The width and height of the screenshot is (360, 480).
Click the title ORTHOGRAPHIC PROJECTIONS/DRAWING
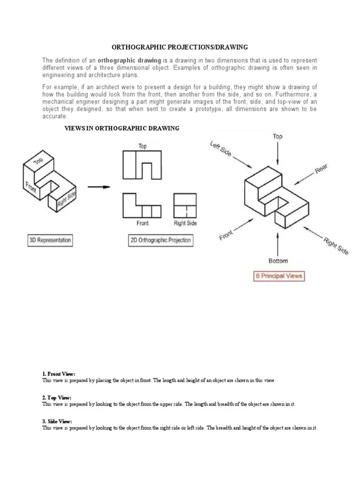pos(179,47)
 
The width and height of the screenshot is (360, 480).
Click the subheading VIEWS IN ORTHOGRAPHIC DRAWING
pos(121,128)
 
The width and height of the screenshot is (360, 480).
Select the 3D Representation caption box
pos(50,240)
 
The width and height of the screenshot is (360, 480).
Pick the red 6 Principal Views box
pos(278,276)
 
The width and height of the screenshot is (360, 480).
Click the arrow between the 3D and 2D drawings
pos(99,187)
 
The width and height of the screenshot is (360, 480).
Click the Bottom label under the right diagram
pos(278,261)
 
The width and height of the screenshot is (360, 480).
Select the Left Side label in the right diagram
pos(220,149)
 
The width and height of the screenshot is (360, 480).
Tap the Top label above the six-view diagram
pos(278,136)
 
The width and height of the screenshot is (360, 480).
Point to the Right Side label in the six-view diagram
pos(336,246)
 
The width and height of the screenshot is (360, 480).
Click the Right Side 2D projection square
pos(185,205)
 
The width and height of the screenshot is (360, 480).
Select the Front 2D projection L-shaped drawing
pos(142,205)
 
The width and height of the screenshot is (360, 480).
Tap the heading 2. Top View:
pos(57,398)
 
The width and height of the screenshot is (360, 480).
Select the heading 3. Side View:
pos(57,421)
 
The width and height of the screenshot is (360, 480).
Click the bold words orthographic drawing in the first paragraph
pos(129,61)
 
